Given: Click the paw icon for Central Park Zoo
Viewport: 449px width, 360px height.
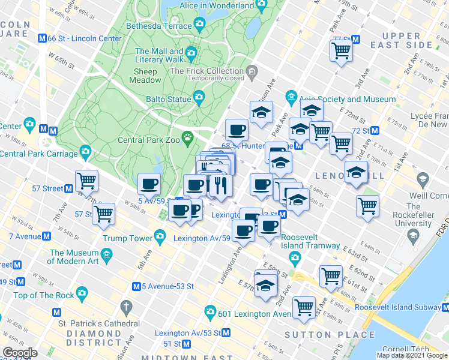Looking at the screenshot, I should click(188, 137).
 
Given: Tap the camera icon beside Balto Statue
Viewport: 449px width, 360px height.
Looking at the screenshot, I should click(199, 97).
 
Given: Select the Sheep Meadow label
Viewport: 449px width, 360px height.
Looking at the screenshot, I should click(143, 76).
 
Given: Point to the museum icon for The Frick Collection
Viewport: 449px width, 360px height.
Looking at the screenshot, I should click(252, 71).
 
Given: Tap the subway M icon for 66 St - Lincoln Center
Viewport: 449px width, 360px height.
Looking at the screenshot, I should click(42, 38).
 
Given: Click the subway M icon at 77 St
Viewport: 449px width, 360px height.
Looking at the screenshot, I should click(355, 40).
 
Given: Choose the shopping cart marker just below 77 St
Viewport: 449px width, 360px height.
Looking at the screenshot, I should click(341, 51).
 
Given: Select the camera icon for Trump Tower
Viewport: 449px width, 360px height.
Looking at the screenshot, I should click(160, 238).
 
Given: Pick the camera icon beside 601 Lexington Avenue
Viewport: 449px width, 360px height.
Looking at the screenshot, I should click(209, 312).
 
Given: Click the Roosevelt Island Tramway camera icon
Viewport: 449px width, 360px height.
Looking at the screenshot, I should click(294, 257).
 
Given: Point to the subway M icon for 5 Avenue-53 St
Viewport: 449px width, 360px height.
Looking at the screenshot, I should click(137, 286).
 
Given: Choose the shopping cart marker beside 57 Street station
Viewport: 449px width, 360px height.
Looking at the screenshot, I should click(87, 180).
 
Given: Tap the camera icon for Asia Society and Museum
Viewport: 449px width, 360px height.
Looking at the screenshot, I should click(292, 97).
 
